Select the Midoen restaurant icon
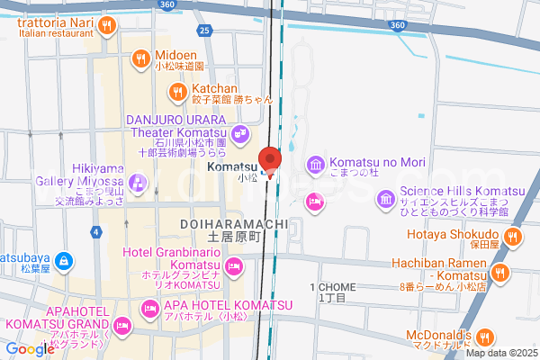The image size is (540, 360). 140,60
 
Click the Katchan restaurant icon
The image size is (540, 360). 177,91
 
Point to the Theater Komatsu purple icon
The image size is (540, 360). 239,134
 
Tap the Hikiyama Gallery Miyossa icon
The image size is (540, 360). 136,184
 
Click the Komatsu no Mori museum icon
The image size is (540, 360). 315,164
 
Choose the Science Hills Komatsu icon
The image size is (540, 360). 386,198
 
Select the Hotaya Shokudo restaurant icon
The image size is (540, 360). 512,237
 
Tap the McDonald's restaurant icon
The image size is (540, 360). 486,338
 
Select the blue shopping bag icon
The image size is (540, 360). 62,262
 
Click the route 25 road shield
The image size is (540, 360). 205,31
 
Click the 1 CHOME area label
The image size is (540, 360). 332,287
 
